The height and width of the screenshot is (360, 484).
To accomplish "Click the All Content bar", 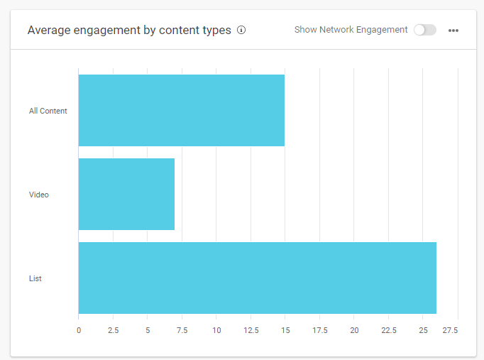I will pos(181,110).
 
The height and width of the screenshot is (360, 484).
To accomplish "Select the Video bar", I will pos(126,194).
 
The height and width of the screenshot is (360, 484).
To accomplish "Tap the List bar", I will pos(257,278).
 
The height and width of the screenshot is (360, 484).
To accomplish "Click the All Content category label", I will pos(48,111).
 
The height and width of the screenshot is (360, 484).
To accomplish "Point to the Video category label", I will pos(39,195).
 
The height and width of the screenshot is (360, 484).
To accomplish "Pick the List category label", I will pos(35,278).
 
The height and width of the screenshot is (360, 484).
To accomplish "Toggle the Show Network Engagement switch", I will pos(425,30).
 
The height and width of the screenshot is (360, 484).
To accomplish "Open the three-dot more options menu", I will pos(453,31).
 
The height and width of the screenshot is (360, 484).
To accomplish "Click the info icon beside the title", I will pos(241,30).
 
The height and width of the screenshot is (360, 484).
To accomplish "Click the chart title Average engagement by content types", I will pos(129,31).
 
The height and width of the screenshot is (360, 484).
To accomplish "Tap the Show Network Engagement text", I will pos(351,30).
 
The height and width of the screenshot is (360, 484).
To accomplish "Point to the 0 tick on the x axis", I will pos(79,330).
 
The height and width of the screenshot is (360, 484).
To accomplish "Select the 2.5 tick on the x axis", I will pos(113,330).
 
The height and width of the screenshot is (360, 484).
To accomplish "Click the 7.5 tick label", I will pos(182,330).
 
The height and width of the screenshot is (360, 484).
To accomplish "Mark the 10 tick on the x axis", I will pos(216,330).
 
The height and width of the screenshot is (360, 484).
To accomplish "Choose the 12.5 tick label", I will pos(251,330).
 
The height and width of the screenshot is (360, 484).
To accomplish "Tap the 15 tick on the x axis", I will pos(285,330).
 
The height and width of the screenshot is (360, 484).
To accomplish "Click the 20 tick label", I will pos(354,330).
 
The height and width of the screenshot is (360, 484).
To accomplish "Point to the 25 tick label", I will pos(423,330).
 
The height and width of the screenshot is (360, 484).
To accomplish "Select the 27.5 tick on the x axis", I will pos(451,330).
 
